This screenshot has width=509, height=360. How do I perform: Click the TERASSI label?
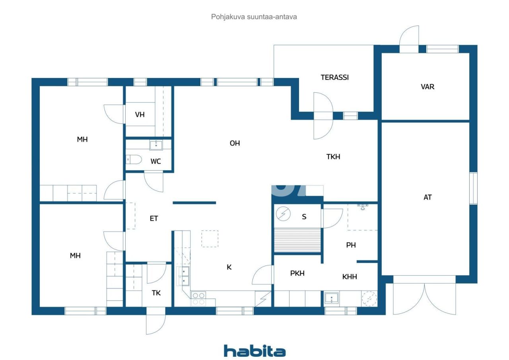click(334, 78)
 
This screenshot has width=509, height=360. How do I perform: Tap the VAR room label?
click(427, 87)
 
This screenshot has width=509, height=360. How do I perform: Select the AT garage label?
click(427, 197)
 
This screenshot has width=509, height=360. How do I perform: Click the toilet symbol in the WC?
click(134, 160)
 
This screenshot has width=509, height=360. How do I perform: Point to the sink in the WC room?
click(156, 145)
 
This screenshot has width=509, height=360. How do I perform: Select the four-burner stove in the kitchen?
click(198, 298)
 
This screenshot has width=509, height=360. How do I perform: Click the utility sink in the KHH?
click(331, 298)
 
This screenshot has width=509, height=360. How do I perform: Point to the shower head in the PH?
click(362, 206)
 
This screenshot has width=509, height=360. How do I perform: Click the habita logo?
click(254, 351)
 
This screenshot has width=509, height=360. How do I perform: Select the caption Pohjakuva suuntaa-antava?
click(254, 17)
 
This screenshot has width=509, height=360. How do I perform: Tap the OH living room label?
click(235, 143)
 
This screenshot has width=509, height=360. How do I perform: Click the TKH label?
click(333, 157)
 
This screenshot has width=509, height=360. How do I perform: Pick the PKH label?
click(297, 273)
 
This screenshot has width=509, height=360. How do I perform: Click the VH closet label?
click(140, 115)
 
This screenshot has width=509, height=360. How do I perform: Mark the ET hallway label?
click(154, 218)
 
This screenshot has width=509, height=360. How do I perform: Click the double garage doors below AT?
click(424, 298)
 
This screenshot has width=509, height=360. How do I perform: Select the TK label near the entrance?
click(156, 293)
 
